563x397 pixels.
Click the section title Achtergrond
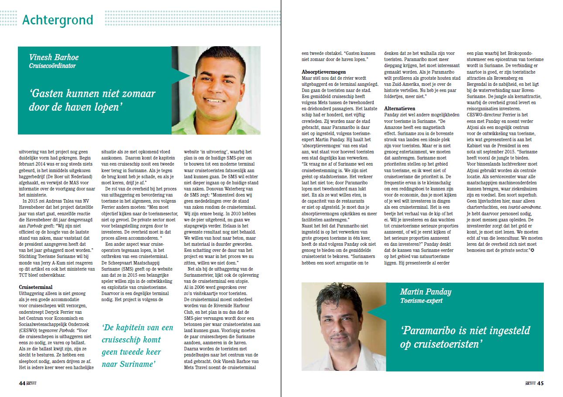[57, 20]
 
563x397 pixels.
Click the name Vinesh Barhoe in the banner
[54, 58]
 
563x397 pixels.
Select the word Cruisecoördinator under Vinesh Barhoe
[52, 66]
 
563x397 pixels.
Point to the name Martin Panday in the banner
[426, 292]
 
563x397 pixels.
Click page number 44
[22, 383]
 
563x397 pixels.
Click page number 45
[540, 383]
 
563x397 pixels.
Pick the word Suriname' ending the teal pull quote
[137, 363]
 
